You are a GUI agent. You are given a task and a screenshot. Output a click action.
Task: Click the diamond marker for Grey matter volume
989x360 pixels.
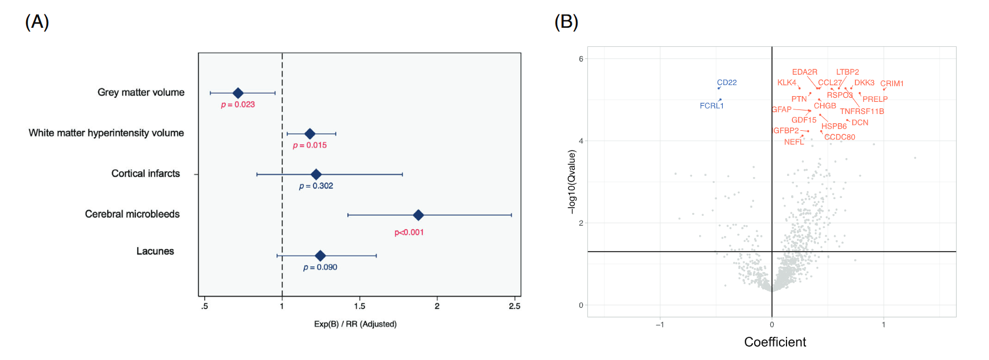[x=237, y=93]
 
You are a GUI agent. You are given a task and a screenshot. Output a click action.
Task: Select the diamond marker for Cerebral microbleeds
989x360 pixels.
[x=418, y=215]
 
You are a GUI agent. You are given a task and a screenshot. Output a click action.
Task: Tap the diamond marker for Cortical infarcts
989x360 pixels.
[x=316, y=174]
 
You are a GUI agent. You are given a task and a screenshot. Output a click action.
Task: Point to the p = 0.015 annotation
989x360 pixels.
[x=310, y=145]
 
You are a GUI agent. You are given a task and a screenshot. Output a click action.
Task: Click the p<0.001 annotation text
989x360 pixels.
[x=409, y=232]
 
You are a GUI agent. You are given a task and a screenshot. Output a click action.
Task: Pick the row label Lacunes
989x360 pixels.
[x=155, y=251]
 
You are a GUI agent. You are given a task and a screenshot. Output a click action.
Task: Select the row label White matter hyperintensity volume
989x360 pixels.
[x=106, y=133]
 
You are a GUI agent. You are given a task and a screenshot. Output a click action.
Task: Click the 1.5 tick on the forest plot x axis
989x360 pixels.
[x=359, y=306]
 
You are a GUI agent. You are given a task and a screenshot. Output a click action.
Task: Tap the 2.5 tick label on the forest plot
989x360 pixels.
[x=514, y=306]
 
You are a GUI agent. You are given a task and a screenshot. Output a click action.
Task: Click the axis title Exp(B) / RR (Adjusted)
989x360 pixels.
[x=355, y=324]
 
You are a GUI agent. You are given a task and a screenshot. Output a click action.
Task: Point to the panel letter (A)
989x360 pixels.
[x=37, y=22]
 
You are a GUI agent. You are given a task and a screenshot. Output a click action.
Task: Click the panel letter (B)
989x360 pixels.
[x=566, y=22]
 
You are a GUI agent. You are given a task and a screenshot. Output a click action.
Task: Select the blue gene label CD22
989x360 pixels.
[x=727, y=82]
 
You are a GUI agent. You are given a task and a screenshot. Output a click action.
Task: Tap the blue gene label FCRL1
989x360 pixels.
[x=711, y=105]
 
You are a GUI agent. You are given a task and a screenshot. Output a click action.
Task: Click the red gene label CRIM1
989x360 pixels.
[x=892, y=83]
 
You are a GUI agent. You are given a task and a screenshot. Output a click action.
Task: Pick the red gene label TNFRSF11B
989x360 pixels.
[x=862, y=111]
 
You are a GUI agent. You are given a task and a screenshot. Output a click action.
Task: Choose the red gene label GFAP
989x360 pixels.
[x=781, y=109]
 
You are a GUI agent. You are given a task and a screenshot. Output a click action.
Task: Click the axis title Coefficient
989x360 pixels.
[x=775, y=342]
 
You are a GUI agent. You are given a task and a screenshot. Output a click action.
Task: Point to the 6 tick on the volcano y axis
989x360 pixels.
[x=581, y=59]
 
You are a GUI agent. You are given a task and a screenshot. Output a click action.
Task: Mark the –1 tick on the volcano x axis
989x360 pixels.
[x=659, y=325]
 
